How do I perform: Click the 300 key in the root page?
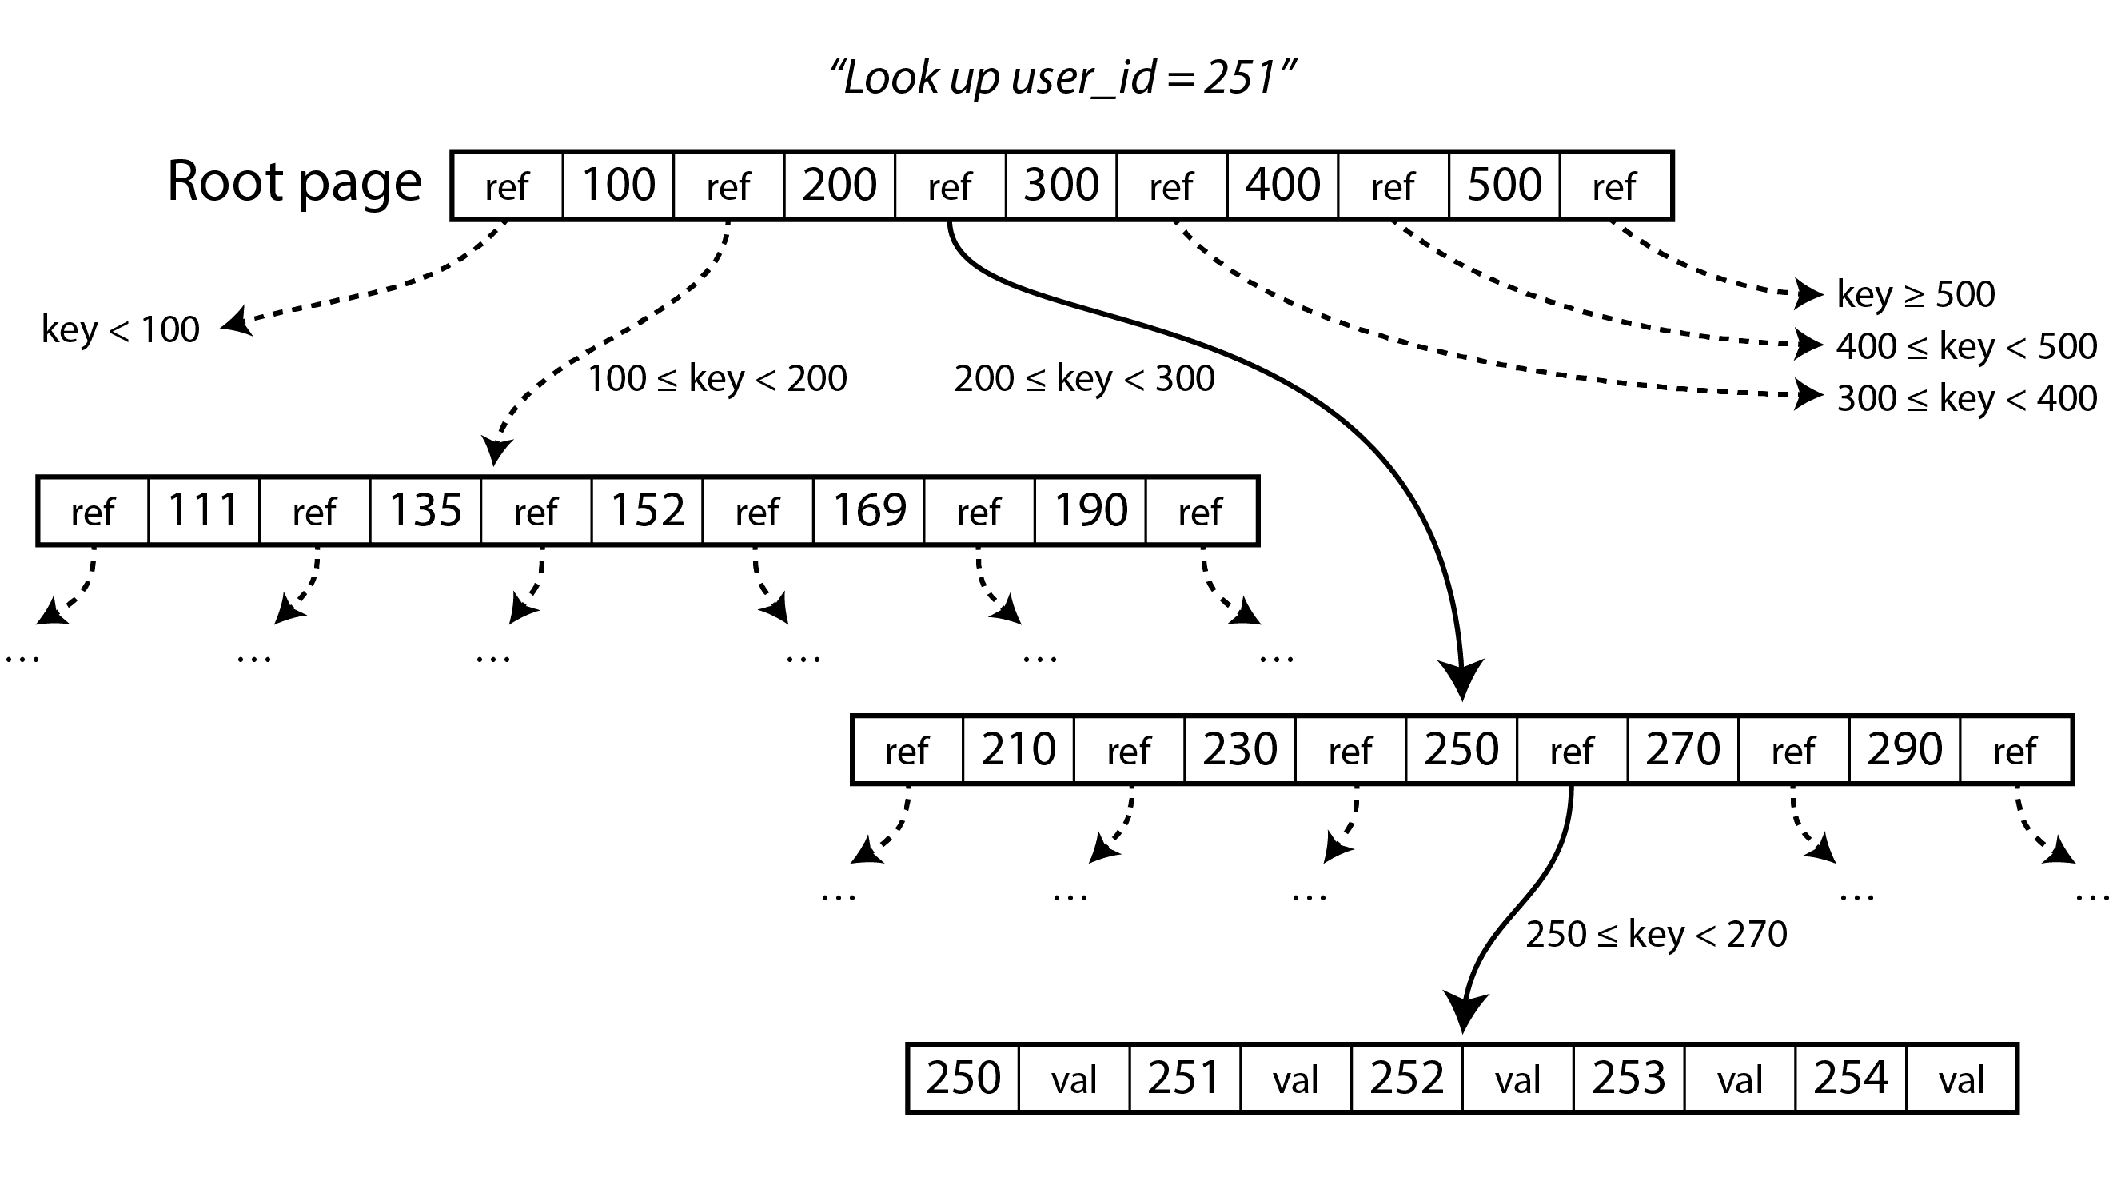tap(1061, 185)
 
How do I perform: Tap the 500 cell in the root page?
tap(1504, 185)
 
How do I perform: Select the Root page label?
tap(294, 182)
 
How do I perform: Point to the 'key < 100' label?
tap(121, 330)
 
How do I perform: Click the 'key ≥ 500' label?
tap(1916, 294)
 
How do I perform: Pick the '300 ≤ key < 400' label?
tap(1967, 398)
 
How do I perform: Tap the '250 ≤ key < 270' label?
tap(1657, 935)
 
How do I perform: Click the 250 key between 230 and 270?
tap(1461, 749)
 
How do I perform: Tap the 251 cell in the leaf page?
tap(1184, 1078)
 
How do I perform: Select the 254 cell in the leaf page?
tap(1850, 1078)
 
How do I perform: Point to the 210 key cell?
tap(1018, 749)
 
